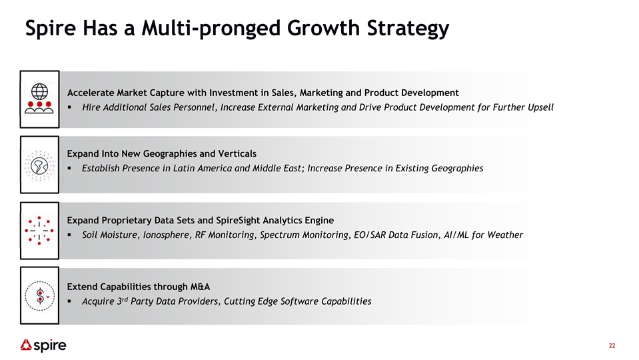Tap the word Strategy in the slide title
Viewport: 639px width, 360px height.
(x=408, y=29)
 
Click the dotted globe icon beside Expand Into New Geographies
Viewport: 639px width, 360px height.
(x=39, y=165)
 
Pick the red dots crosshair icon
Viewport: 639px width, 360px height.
(x=39, y=231)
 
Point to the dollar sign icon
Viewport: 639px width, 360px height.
(x=39, y=296)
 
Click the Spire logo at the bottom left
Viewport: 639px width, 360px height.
(x=43, y=345)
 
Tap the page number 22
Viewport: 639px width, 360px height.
(x=612, y=346)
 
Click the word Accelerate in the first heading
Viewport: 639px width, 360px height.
(x=91, y=93)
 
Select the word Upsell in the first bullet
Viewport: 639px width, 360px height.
(x=540, y=107)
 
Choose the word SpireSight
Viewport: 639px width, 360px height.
(x=238, y=221)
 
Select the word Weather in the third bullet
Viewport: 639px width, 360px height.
(x=505, y=235)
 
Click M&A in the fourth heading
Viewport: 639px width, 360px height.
(x=200, y=287)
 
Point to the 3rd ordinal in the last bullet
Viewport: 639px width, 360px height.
(x=122, y=301)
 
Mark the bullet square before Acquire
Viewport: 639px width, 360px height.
(x=69, y=302)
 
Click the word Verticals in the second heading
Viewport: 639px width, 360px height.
(x=237, y=154)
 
